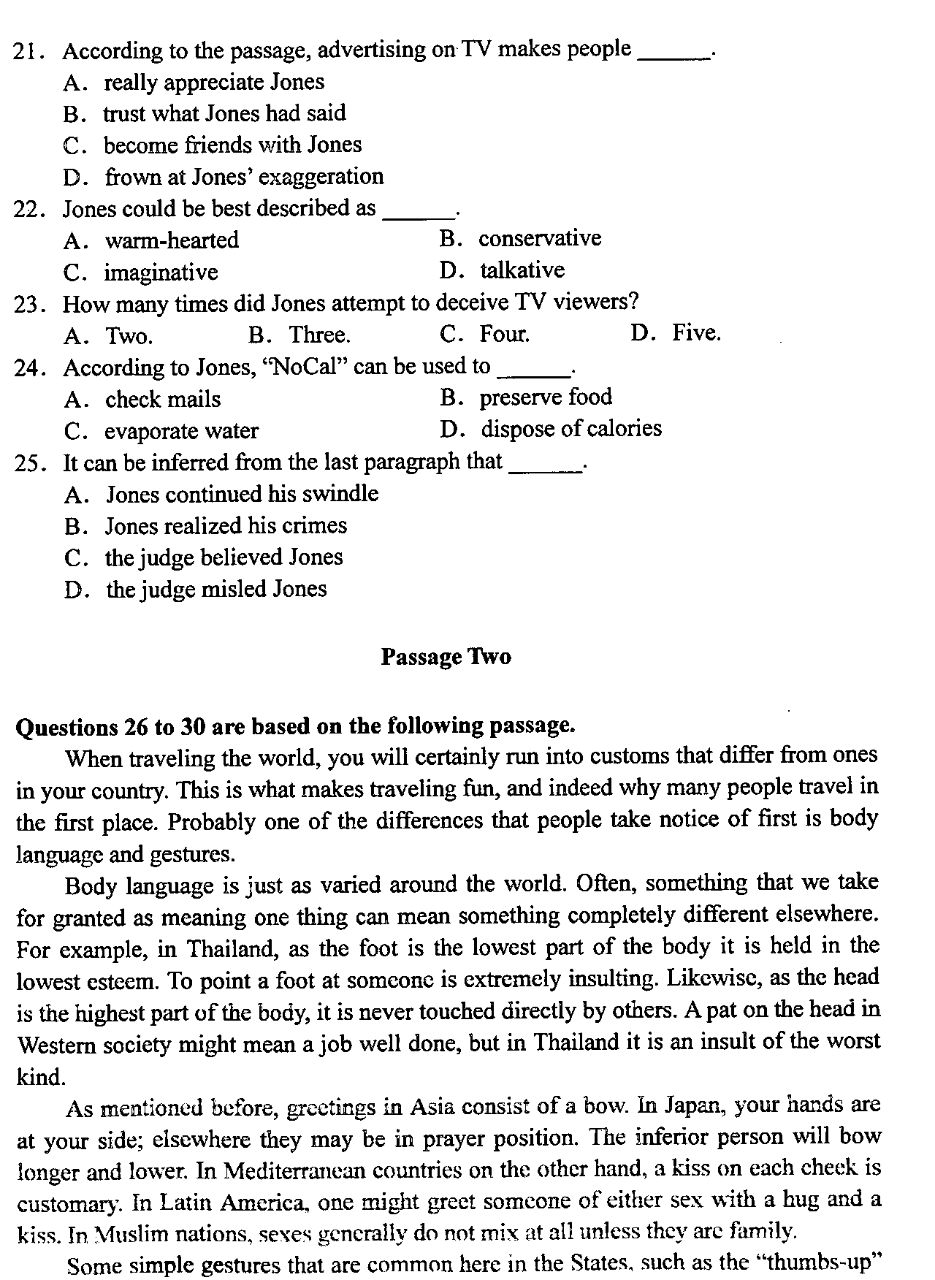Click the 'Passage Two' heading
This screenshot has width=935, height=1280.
446,657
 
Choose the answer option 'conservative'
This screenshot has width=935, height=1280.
539,239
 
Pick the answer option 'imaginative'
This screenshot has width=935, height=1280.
161,273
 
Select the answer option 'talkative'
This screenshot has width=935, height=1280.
522,270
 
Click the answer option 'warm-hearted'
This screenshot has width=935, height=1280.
172,240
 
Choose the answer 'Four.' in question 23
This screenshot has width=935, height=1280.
504,335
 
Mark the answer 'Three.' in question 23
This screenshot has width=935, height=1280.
319,335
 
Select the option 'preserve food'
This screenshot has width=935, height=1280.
545,397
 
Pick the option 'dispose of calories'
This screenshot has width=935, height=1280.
570,428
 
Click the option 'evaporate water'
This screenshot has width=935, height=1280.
181,431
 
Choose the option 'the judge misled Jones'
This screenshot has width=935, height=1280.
216,589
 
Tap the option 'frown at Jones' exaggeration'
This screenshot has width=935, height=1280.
244,177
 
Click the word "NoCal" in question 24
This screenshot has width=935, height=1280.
307,367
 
